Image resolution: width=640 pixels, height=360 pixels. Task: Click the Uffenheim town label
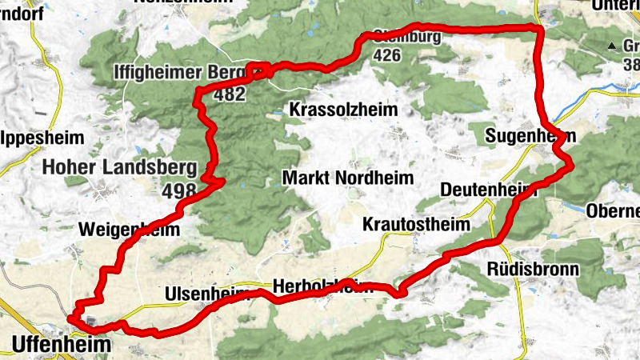(61, 344)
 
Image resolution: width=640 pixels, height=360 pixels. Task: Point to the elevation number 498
(178, 191)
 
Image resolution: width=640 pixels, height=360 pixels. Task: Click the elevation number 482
(230, 94)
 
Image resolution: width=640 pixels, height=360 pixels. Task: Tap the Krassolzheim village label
(343, 108)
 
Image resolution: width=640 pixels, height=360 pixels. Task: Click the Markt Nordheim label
(348, 178)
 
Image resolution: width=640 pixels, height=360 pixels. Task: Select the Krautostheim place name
(416, 223)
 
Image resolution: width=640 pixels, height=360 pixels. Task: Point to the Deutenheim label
(488, 190)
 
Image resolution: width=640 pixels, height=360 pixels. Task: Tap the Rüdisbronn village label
(532, 269)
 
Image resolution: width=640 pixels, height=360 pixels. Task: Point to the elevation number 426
(386, 56)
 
